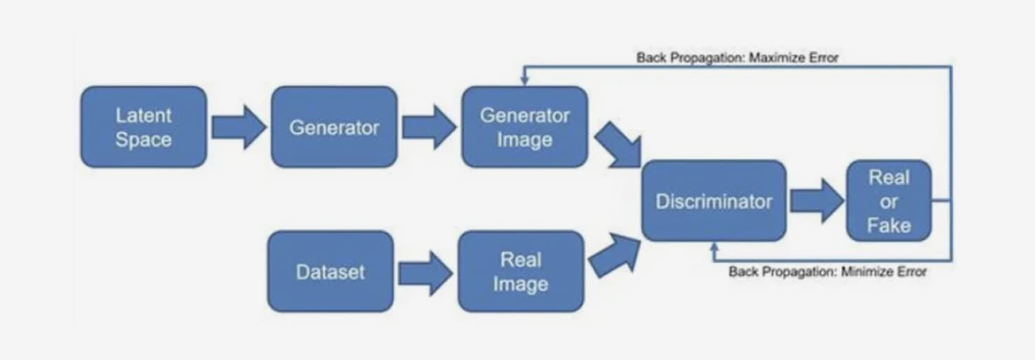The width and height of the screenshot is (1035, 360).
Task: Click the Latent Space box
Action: coord(143,127)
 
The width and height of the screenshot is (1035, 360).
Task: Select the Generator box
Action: coord(334,127)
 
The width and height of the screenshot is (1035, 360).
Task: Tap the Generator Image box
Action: coord(524,127)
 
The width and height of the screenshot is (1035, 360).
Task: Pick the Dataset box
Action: coord(330,272)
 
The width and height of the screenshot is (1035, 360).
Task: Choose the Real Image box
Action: coord(521,272)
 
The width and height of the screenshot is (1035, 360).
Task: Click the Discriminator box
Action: coord(714,201)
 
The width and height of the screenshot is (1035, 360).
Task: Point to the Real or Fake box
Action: coord(889,201)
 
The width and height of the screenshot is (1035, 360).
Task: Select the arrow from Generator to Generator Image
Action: coord(429,128)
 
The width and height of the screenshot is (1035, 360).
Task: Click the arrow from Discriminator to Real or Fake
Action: coord(816,201)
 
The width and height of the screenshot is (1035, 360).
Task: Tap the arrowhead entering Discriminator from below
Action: coord(714,246)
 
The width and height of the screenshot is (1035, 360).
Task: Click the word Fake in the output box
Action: coord(889,225)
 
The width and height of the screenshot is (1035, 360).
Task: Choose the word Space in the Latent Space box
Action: coord(143,139)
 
